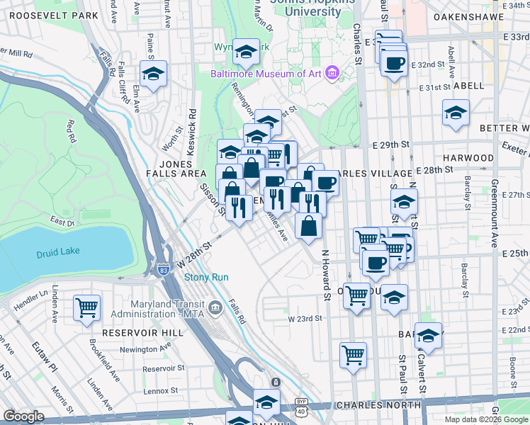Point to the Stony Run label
point(206,277)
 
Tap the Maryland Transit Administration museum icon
point(215,308)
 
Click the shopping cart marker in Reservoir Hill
point(86,307)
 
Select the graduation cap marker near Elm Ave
point(152,73)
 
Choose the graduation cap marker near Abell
point(456,113)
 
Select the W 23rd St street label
point(305,319)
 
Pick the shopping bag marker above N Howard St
point(309,226)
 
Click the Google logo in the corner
point(23,416)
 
